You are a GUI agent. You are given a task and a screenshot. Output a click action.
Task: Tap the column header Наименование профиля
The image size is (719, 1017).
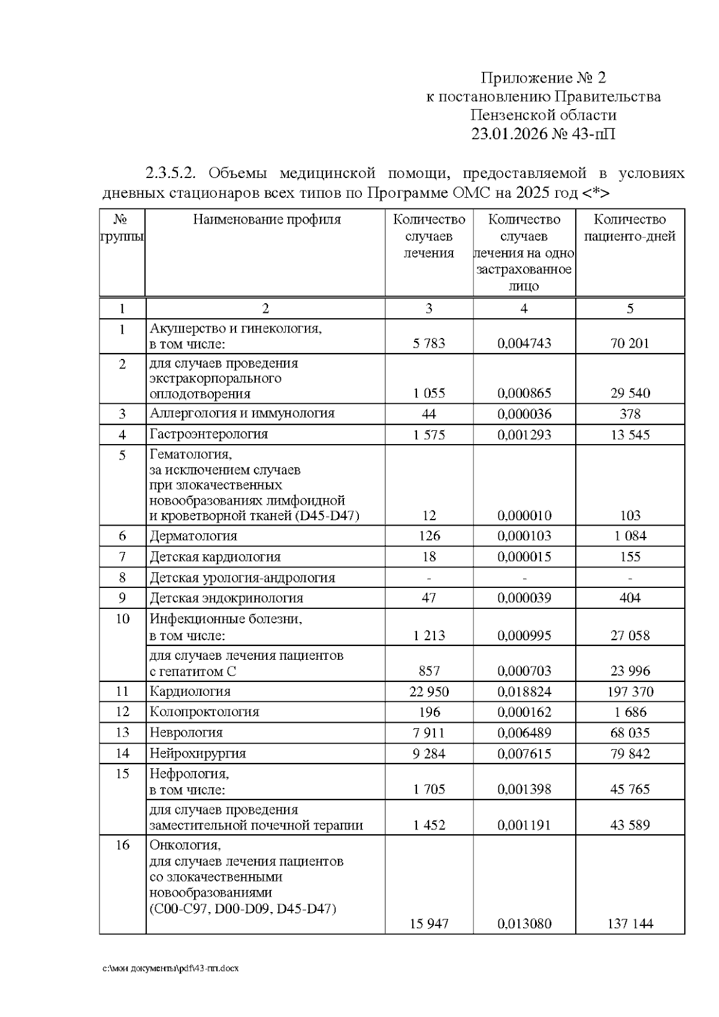267,220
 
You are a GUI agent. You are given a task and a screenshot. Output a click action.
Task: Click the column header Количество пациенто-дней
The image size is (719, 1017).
630,228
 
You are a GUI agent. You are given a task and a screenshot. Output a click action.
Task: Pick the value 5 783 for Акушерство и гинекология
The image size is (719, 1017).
429,344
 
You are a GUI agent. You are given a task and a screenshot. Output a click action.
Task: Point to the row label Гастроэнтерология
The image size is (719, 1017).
209,434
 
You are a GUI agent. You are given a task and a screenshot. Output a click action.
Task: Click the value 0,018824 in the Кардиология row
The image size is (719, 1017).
524,692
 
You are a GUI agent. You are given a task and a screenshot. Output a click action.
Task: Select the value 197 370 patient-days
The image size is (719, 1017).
630,692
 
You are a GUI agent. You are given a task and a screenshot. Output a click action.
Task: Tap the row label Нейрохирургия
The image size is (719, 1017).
198,753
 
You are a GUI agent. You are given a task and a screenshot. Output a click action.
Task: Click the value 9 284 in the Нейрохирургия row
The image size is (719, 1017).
429,754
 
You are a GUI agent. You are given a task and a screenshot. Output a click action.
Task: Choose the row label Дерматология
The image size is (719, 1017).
194,536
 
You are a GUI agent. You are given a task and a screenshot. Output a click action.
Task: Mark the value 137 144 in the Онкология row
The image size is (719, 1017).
630,924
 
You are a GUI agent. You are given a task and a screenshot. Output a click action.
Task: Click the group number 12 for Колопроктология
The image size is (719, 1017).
122,712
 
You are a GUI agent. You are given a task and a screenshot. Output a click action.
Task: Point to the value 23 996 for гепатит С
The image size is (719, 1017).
630,671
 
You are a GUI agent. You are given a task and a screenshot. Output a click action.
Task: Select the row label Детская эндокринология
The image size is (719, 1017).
226,598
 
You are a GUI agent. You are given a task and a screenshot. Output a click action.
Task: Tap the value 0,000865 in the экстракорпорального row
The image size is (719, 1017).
524,394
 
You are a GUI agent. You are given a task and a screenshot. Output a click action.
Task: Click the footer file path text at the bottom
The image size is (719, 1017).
171,968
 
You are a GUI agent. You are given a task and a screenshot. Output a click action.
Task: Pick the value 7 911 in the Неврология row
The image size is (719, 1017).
429,733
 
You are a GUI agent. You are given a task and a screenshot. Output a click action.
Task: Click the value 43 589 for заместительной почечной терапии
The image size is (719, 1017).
630,826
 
